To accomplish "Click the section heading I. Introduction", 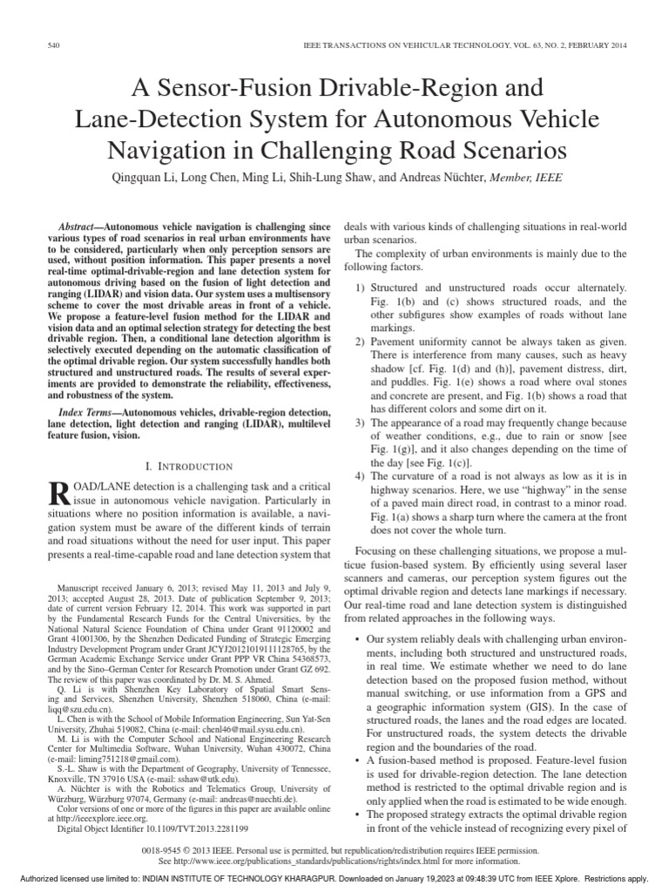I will (188, 468).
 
